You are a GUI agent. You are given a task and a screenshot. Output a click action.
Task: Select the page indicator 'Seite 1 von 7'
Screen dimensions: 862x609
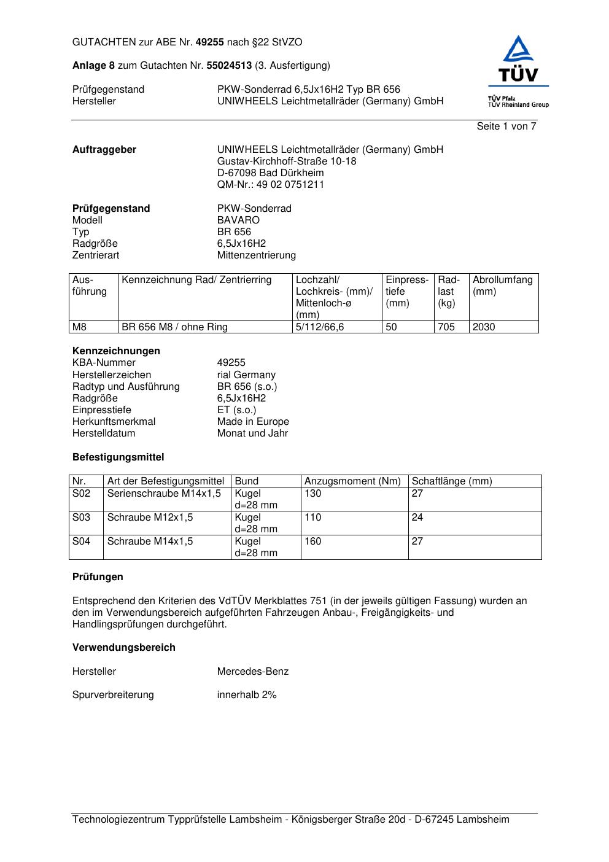point(506,126)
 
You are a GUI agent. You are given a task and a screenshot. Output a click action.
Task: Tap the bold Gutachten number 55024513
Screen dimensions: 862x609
point(229,66)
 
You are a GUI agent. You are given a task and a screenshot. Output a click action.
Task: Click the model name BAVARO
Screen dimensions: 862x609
point(238,220)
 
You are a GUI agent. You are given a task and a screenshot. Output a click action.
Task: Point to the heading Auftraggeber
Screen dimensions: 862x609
point(104,150)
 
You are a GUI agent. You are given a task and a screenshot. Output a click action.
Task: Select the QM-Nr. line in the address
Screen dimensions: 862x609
point(270,185)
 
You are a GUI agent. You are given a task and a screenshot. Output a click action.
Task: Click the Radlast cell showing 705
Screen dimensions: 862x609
point(446,327)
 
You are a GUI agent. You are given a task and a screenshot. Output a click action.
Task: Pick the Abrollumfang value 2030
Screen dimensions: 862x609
point(484,327)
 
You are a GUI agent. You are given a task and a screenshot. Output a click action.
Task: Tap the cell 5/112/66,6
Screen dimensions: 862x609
point(320,327)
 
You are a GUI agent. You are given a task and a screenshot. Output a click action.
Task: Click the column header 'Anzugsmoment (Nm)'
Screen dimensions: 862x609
point(352,481)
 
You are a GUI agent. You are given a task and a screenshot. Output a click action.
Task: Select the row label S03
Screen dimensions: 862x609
point(82,518)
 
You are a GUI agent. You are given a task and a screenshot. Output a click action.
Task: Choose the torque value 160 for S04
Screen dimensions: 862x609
point(313,542)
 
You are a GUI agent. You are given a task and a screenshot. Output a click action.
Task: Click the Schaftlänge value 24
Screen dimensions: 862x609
point(417,518)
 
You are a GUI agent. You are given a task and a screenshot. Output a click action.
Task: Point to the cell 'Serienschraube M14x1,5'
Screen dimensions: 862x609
point(164,494)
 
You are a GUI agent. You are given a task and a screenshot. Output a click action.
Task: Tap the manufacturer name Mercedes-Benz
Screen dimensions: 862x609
point(252,672)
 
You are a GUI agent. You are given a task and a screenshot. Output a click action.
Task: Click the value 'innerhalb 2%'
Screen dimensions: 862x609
point(247,695)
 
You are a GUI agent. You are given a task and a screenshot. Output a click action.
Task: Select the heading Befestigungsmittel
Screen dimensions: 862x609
point(118,457)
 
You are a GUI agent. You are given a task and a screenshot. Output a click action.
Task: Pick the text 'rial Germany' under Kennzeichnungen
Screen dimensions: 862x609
point(246,375)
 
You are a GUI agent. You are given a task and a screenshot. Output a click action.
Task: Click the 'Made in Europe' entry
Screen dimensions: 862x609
point(253,422)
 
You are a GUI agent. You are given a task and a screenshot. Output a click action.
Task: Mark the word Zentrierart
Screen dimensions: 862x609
point(96,255)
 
